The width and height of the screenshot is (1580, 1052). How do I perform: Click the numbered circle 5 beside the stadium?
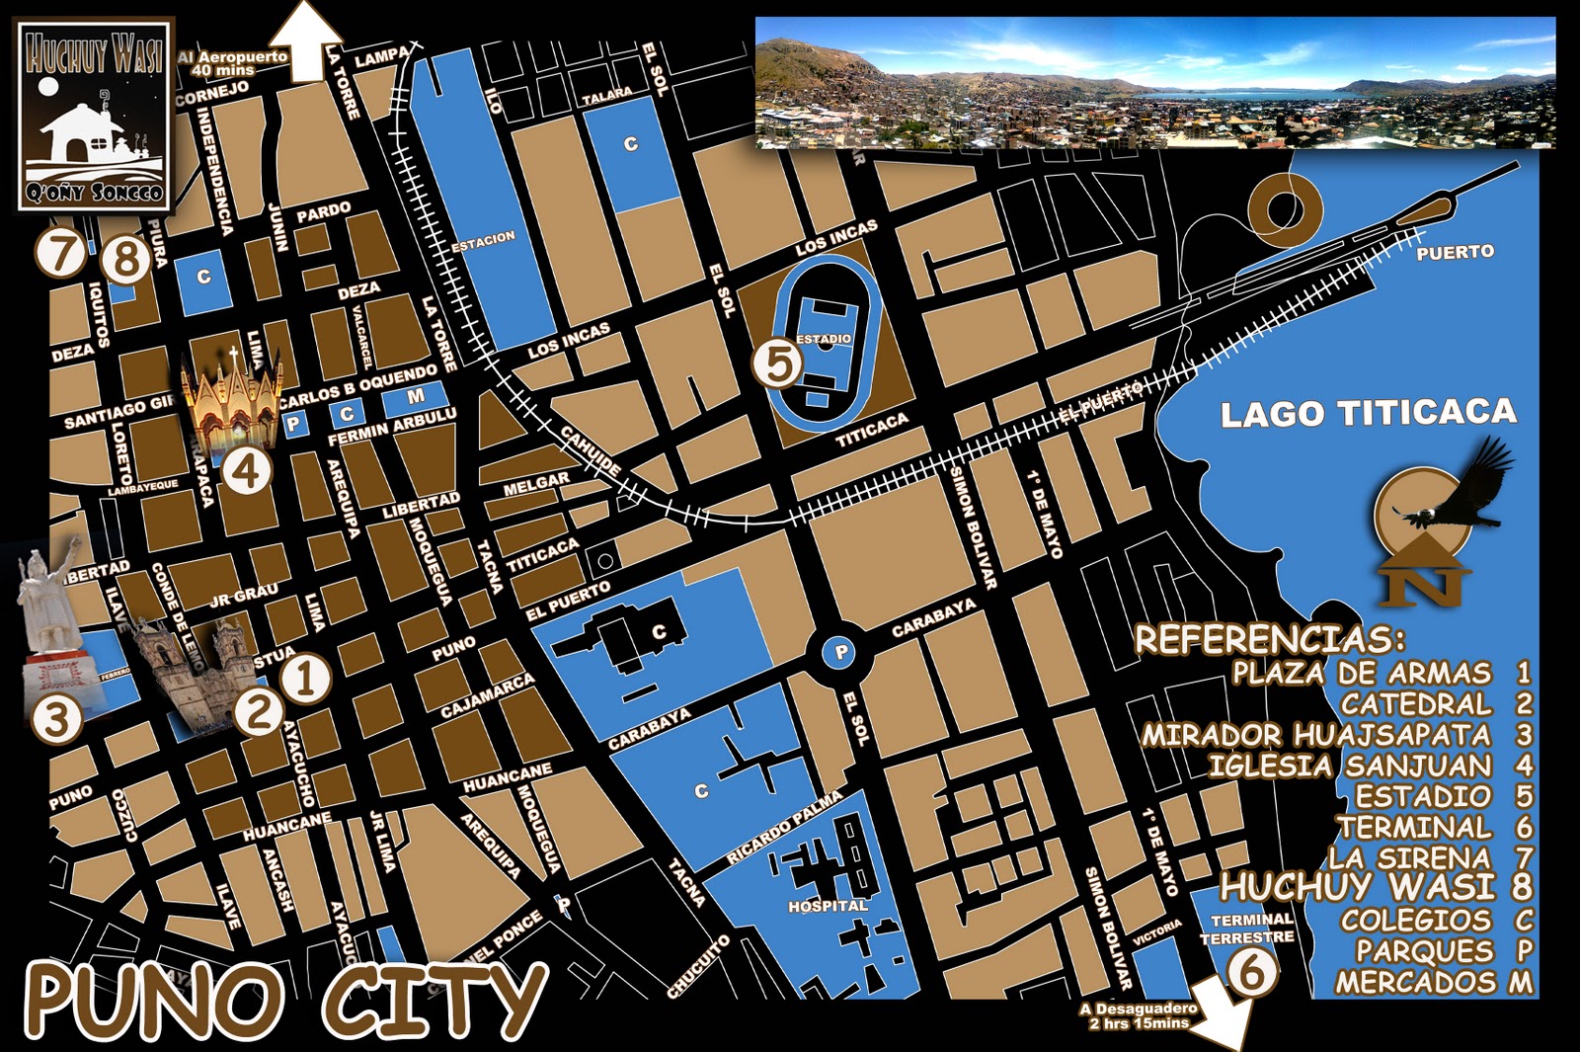point(778,364)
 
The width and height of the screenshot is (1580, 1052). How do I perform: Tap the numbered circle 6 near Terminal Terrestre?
point(1251,972)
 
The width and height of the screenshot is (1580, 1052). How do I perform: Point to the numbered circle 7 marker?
point(61,252)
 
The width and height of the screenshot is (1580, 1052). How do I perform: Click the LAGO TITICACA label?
point(1368,413)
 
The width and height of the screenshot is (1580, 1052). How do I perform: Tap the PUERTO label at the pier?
point(1455,253)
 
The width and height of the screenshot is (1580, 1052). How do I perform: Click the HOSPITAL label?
point(828,906)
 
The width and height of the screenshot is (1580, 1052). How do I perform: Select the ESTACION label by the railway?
point(483,241)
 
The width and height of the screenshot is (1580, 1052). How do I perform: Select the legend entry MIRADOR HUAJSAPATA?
point(1316,735)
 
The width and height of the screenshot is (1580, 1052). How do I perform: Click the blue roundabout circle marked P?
point(840,652)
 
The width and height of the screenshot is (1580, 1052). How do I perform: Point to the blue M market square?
point(416,397)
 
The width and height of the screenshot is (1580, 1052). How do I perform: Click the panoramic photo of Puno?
point(1154,83)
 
